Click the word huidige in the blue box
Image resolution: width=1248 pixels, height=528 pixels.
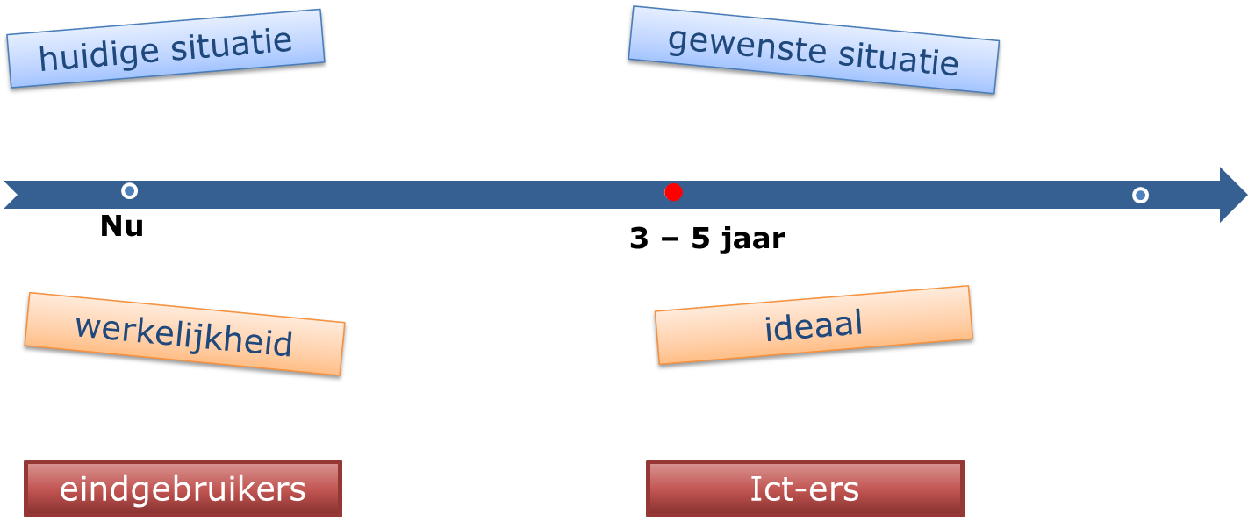coord(98,55)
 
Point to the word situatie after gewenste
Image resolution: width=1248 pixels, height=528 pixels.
coord(897,59)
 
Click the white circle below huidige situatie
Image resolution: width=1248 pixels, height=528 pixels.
coord(129,190)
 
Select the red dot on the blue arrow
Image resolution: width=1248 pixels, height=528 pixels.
coord(673,192)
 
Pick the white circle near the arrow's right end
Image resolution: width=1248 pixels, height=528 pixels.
coord(1140,195)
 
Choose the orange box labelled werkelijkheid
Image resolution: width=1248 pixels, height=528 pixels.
coord(184,334)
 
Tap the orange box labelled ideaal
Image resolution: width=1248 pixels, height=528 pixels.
coord(814,325)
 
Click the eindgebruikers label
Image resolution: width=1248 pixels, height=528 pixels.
coord(183,489)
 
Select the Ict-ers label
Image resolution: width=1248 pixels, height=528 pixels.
coord(805,489)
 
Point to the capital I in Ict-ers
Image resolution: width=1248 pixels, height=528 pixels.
coord(754,489)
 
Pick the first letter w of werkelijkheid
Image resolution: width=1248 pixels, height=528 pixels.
coord(86,327)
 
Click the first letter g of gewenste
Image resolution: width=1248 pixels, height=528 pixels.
coord(677,41)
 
